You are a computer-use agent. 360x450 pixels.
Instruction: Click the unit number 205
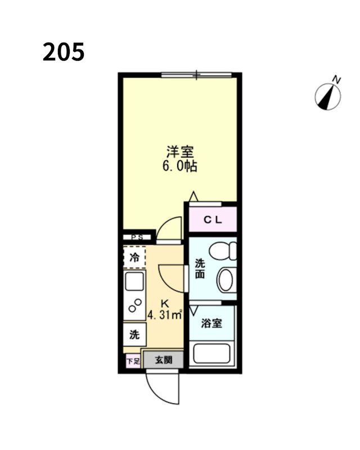tap(63, 52)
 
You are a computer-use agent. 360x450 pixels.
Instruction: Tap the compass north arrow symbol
tap(328, 94)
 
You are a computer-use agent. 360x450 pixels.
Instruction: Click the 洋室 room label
tap(180, 152)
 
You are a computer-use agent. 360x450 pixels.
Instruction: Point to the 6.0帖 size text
tap(180, 166)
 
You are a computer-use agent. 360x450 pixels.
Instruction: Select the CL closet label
tap(213, 220)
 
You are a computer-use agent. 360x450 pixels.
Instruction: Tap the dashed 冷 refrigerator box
tap(134, 258)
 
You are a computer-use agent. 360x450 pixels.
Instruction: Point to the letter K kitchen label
tap(165, 302)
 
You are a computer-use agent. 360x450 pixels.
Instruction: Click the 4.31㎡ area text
tap(165, 314)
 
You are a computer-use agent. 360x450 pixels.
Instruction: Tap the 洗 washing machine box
tap(134, 335)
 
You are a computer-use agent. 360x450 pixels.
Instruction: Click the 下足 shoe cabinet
tap(132, 361)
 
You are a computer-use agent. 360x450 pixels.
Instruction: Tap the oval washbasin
tap(226, 279)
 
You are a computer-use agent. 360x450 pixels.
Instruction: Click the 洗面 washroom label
tap(200, 268)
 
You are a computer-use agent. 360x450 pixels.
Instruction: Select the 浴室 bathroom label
tap(211, 323)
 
